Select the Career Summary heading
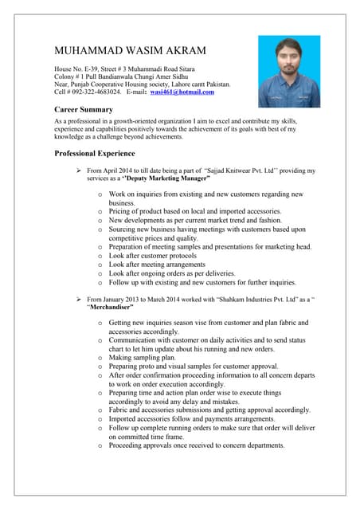pos(83,108)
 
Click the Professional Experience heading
pos(94,153)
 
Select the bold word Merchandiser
pos(110,306)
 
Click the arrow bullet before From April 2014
pos(78,171)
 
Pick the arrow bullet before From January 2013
pos(78,297)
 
